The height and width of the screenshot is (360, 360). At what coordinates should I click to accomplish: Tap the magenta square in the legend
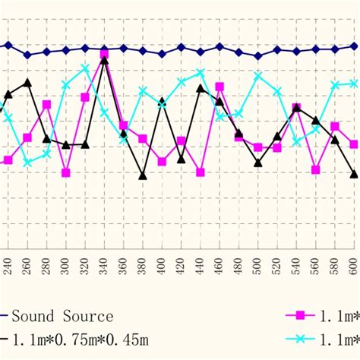point(300,316)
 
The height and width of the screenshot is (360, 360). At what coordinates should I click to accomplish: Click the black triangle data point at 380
point(143,175)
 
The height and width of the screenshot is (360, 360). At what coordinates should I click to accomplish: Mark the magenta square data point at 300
point(65,172)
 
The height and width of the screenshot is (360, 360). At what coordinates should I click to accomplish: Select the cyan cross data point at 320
point(85,68)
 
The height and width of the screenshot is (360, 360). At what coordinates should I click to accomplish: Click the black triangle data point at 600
point(354,174)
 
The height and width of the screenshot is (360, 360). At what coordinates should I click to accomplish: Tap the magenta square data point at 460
point(219,87)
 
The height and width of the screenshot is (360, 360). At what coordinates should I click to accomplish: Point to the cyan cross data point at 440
point(201,74)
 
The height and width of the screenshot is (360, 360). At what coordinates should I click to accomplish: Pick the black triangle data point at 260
point(27,82)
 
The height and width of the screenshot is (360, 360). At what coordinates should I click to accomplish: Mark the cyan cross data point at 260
point(27,163)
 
